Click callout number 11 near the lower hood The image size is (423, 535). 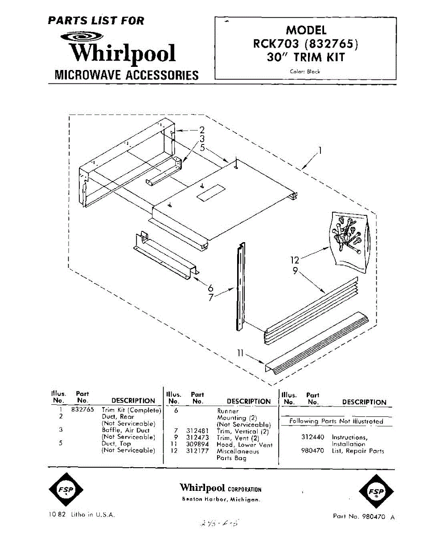(x=241, y=354)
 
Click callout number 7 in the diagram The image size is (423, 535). (x=211, y=297)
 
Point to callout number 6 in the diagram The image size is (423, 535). (x=211, y=288)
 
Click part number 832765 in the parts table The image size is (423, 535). (x=82, y=409)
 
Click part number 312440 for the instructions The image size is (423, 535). (x=313, y=437)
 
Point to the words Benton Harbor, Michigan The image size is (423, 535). (x=221, y=499)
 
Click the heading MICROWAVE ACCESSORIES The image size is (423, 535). (x=126, y=74)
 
